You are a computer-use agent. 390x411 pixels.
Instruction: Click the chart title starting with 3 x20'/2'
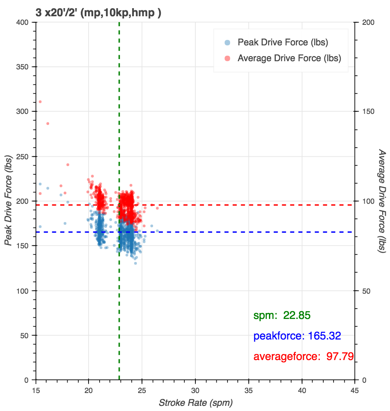(98, 13)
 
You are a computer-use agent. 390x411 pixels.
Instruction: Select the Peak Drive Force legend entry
(283, 42)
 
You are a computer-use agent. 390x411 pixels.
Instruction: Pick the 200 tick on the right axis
(367, 22)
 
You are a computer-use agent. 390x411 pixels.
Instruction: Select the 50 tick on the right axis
(366, 291)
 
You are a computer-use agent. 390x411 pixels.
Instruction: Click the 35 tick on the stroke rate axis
(249, 390)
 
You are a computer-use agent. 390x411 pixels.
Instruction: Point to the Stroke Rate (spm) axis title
(195, 403)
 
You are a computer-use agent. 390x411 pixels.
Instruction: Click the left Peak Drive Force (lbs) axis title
(8, 201)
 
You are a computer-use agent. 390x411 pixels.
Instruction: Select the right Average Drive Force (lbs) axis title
(382, 201)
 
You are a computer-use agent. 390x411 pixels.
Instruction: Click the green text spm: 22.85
(282, 316)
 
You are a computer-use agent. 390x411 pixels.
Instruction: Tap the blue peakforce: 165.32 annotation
(297, 336)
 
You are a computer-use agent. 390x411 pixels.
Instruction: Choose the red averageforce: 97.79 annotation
(304, 356)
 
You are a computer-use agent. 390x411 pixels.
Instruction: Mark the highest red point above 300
(40, 102)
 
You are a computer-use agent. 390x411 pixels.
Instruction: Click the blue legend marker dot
(227, 42)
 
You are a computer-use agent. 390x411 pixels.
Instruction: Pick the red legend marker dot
(227, 58)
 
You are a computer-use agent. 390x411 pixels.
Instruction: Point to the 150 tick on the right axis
(367, 112)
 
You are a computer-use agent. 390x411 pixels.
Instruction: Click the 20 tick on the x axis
(89, 390)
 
